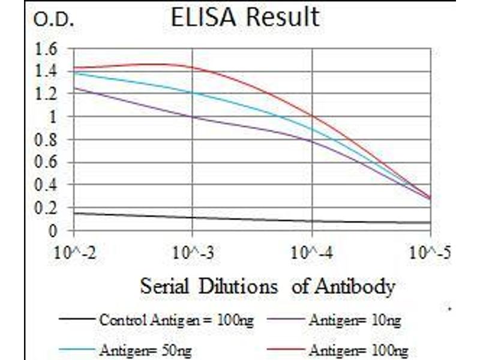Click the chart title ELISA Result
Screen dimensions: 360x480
(x=245, y=18)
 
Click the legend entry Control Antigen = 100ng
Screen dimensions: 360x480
(x=176, y=320)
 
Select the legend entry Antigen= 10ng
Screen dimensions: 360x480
(x=355, y=320)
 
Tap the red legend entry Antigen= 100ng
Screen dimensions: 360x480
(x=358, y=349)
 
